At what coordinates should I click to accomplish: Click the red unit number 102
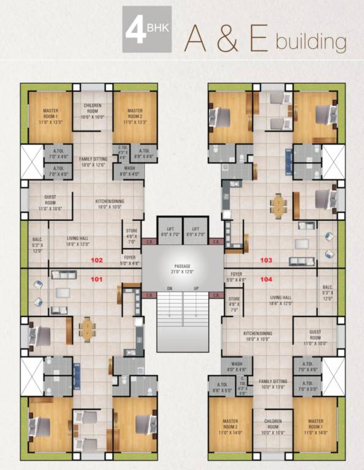pos(97,259)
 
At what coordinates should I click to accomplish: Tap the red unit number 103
pos(266,260)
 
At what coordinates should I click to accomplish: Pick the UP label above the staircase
pos(196,288)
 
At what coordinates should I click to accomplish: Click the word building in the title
pos(311,43)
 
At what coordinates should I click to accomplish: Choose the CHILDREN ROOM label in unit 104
pos(273,424)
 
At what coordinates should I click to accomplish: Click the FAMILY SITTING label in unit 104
pos(273,383)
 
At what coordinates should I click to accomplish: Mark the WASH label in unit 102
pos(129,170)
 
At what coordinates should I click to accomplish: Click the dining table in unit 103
pos(279,206)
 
